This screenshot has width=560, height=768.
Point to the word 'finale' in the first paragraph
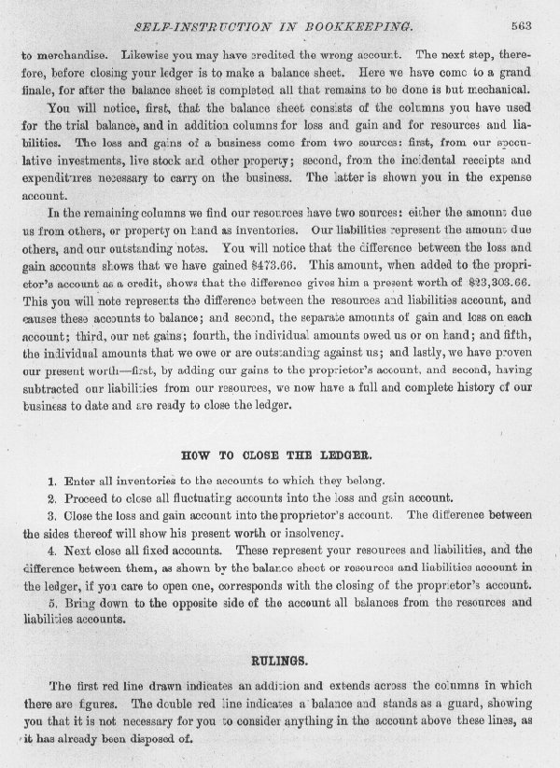coord(35,90)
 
